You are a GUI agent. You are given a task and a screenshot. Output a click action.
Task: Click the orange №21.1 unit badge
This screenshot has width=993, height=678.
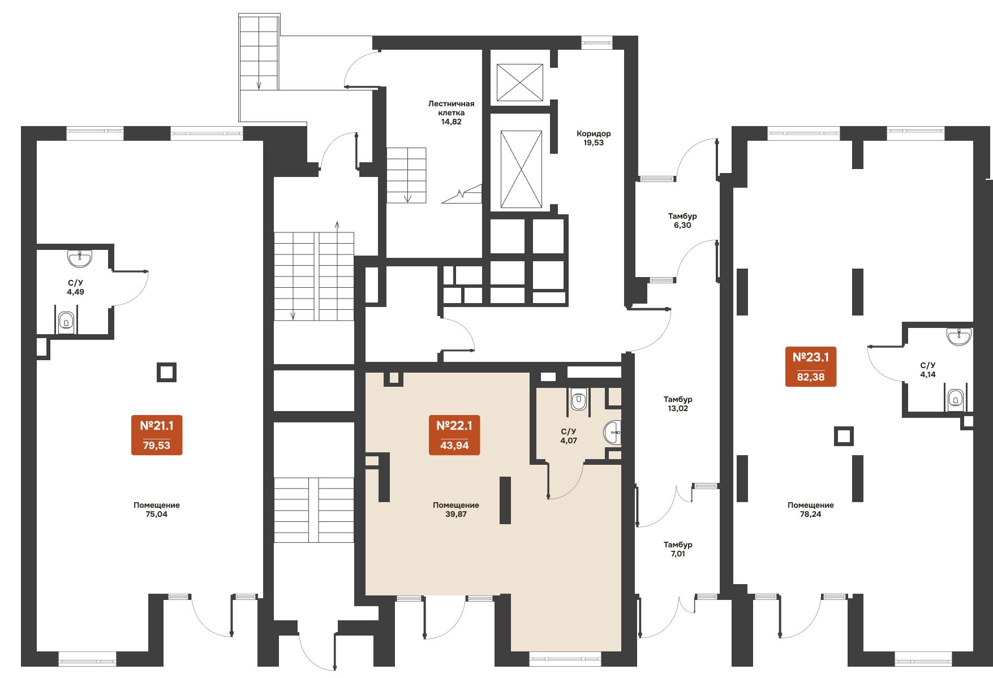click(157, 435)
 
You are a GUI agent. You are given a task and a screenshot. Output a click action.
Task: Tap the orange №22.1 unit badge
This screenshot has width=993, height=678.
click(454, 435)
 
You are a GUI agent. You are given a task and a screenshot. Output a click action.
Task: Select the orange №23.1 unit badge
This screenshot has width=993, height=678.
click(811, 367)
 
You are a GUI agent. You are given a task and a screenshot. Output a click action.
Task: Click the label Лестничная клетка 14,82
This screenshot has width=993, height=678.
click(451, 113)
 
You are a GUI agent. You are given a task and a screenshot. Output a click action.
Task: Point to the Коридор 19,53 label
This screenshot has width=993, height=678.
click(594, 138)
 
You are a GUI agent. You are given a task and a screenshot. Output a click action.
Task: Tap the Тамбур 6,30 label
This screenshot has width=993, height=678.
click(682, 221)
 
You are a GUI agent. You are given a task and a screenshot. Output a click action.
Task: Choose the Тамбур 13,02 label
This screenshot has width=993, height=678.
click(678, 404)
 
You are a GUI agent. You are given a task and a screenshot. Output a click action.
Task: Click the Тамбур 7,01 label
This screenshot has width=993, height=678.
click(678, 549)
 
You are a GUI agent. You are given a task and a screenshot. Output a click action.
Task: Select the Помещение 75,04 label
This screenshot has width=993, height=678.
click(157, 509)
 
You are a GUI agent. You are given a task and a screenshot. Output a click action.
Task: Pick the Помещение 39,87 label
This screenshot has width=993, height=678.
click(456, 509)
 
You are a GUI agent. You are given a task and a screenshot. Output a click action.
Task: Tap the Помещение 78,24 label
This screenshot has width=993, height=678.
click(811, 509)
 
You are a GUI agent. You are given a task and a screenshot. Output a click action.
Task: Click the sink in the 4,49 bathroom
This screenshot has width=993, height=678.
click(80, 258)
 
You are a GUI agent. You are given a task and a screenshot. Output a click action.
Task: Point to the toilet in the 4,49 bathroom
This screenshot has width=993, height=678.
click(66, 322)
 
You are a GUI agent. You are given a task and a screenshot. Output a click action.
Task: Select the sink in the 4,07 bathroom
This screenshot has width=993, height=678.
click(613, 433)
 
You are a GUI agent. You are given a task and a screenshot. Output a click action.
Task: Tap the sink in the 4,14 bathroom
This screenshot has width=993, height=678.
click(959, 336)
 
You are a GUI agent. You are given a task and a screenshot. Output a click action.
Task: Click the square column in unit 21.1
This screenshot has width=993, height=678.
click(166, 373)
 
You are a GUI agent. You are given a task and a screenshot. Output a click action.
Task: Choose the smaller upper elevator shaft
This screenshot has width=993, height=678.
click(519, 83)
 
